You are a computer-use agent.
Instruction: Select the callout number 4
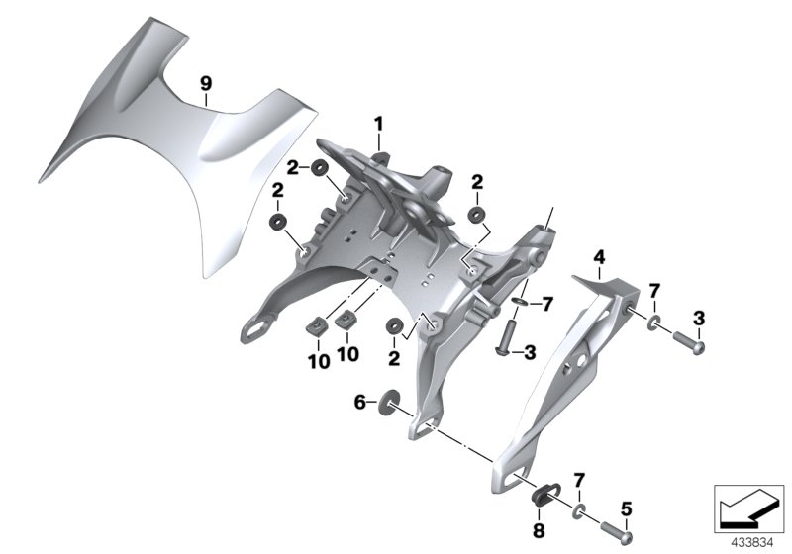coord(597,258)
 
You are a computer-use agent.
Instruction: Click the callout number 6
coord(360,401)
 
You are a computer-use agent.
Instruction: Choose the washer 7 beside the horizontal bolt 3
coord(655,323)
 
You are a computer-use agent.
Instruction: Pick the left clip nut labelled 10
coord(320,325)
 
